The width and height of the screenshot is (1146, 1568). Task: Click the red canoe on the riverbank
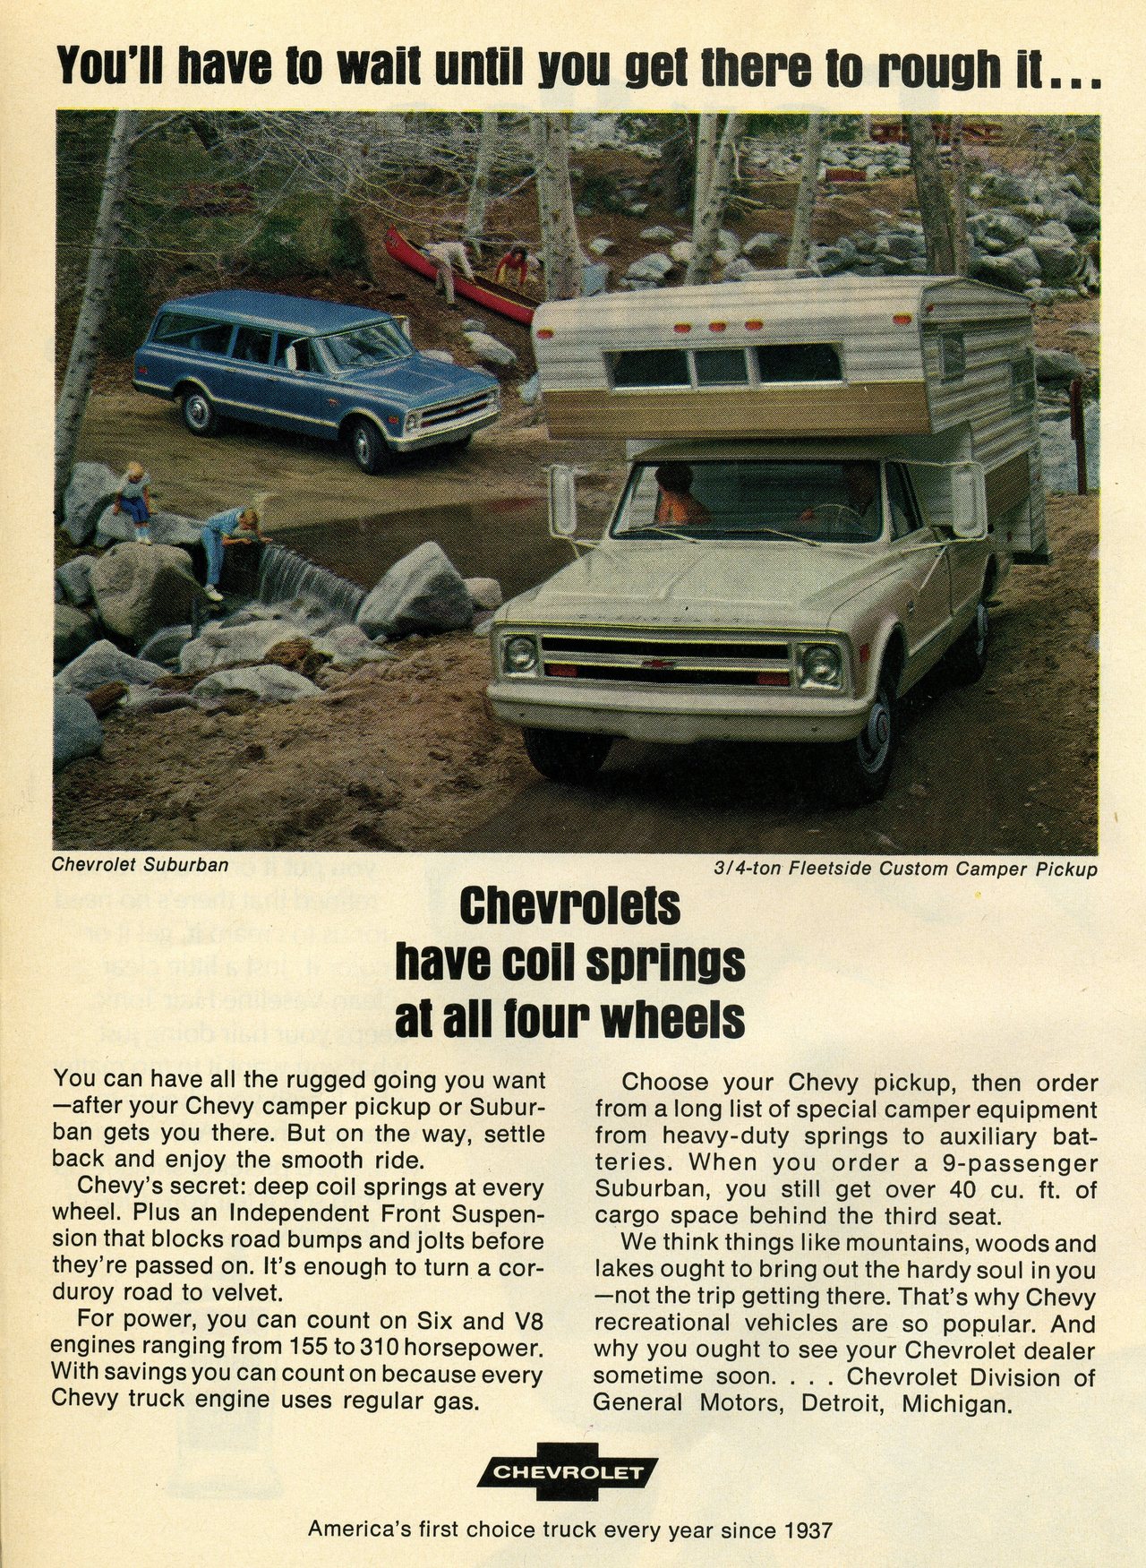[x=457, y=274]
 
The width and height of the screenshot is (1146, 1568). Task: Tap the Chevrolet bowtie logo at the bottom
[x=567, y=1474]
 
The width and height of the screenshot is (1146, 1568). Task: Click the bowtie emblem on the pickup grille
[x=662, y=664]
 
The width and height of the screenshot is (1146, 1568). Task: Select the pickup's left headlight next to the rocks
[x=520, y=655]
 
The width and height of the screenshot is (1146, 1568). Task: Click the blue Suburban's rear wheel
[x=196, y=411]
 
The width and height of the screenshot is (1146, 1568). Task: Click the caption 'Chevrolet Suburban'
[x=141, y=865]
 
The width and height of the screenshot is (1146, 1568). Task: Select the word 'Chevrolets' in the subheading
[x=569, y=908]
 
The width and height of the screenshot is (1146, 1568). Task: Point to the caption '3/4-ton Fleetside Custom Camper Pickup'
[x=905, y=869]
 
